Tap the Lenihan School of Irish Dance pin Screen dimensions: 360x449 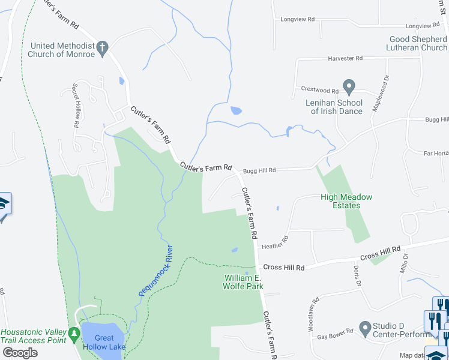[348, 86]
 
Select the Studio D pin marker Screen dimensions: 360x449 [364, 328]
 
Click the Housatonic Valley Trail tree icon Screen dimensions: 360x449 [74, 332]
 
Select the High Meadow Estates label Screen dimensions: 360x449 [346, 201]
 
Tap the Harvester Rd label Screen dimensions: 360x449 [345, 58]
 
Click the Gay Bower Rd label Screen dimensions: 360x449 [334, 338]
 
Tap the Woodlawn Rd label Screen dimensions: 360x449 [312, 317]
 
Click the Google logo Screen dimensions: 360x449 [20, 353]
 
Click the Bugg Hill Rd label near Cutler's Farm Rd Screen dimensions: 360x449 [259, 170]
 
